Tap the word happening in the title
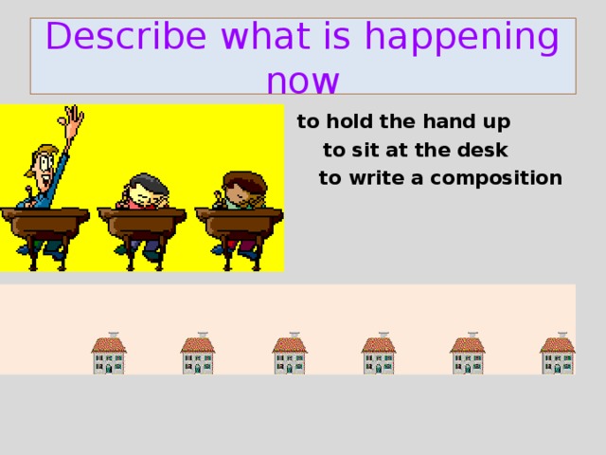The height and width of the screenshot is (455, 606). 460,38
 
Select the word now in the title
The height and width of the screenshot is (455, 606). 302,81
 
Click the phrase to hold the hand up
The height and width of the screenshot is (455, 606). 403,122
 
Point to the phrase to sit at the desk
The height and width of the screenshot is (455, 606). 416,150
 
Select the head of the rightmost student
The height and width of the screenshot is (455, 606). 241,186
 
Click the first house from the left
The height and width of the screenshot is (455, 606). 109,355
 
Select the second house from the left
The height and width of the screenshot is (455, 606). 198,355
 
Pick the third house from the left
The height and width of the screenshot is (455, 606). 290,355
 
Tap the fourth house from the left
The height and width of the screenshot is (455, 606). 379,355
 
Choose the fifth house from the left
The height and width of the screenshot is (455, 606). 468,355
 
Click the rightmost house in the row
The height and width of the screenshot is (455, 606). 558,355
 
